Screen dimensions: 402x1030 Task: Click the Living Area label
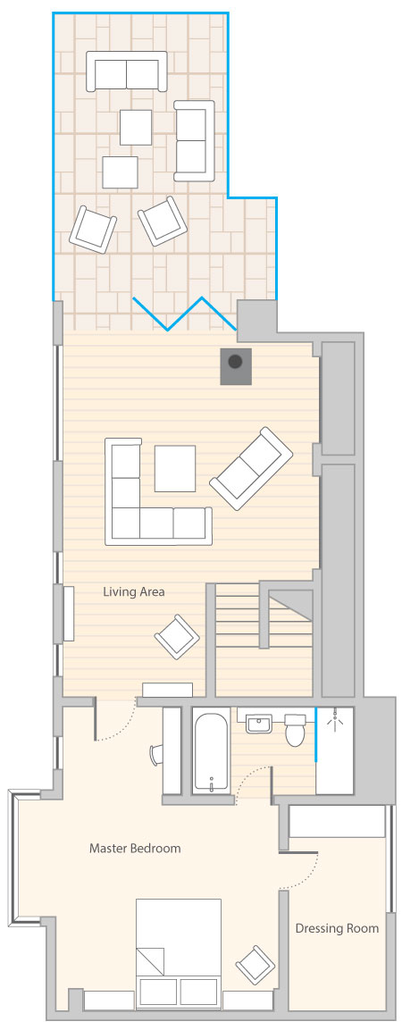(x=133, y=592)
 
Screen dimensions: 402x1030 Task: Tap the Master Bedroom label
(x=135, y=848)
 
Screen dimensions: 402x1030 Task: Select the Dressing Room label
(x=337, y=928)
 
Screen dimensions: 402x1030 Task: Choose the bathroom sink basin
(x=259, y=724)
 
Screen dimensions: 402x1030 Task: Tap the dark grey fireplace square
(x=236, y=366)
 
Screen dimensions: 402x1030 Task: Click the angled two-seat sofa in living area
(x=251, y=468)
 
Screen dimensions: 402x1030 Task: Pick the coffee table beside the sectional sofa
(x=175, y=468)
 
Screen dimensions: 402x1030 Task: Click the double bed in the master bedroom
(x=179, y=953)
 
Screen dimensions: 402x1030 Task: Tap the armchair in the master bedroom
(x=255, y=964)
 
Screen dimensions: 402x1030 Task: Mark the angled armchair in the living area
(x=177, y=637)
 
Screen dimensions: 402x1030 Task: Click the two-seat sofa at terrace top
(x=127, y=71)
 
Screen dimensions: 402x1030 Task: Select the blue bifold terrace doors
(x=185, y=314)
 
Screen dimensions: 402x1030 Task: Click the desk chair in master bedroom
(x=155, y=753)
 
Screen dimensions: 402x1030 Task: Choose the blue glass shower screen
(x=316, y=733)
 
